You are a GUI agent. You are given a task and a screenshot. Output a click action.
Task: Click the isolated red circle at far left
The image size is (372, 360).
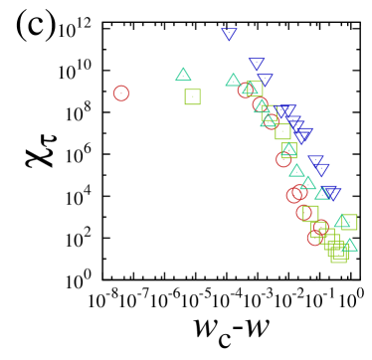pyautogui.click(x=121, y=93)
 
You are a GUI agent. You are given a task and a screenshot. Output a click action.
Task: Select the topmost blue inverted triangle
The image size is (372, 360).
pyautogui.click(x=229, y=34)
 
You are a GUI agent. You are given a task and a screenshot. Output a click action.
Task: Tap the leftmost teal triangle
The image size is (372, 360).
pyautogui.click(x=183, y=75)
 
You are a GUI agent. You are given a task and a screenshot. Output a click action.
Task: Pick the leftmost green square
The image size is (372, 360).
pyautogui.click(x=192, y=96)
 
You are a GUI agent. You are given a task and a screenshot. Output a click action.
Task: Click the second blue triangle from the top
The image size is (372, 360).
pyautogui.click(x=257, y=64)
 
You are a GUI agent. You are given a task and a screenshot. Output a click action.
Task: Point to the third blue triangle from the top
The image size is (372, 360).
pyautogui.click(x=265, y=80)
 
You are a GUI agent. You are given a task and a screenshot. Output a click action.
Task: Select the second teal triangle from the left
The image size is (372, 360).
pyautogui.click(x=234, y=80)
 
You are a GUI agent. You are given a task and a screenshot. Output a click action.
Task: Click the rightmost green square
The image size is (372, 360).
pyautogui.click(x=349, y=222)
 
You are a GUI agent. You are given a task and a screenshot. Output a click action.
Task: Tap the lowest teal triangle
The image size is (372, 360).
pyautogui.click(x=348, y=245)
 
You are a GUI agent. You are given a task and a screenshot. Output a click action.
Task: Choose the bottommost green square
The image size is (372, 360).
pyautogui.click(x=338, y=255)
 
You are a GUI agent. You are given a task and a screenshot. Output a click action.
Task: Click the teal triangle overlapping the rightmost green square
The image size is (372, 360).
pyautogui.click(x=342, y=221)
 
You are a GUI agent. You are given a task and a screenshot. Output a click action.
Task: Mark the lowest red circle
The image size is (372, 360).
pyautogui.click(x=316, y=237)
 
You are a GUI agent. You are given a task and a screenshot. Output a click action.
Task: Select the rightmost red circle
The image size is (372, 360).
pyautogui.click(x=320, y=228)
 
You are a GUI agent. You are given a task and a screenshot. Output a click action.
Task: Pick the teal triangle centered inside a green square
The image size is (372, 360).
pyautogui.click(x=288, y=149)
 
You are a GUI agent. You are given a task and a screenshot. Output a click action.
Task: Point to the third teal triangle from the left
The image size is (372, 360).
pyautogui.click(x=249, y=89)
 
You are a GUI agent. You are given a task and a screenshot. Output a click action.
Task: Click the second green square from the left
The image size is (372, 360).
pyautogui.click(x=255, y=89)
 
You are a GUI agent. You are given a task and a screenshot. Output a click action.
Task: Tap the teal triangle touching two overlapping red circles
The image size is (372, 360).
pyautogui.click(x=307, y=183)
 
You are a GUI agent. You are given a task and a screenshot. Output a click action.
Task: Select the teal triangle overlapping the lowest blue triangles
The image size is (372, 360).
pyautogui.click(x=322, y=193)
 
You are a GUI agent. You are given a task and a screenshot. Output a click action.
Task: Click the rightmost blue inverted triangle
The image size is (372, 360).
pyautogui.click(x=332, y=193)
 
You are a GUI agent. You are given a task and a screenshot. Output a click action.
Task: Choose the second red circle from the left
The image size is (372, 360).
pyautogui.click(x=246, y=90)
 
